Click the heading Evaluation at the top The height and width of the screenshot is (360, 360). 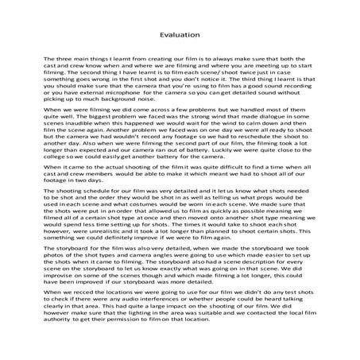pyautogui.click(x=180, y=35)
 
